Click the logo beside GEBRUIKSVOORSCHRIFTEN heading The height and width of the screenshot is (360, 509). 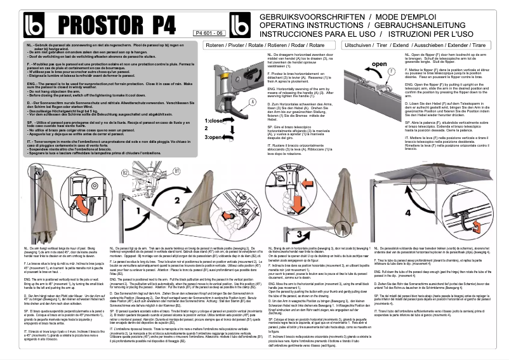pos(241,23)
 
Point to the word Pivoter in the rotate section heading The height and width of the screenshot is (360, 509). pos(236,46)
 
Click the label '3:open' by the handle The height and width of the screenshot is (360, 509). pos(213,137)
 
